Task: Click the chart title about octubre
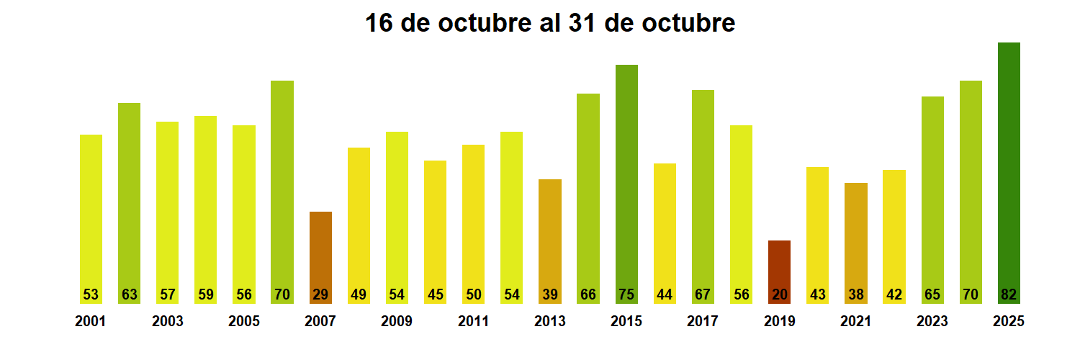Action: click(550, 23)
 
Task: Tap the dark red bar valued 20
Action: click(779, 266)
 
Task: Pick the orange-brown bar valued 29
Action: click(320, 252)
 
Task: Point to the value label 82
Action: click(1009, 294)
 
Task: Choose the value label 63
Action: click(130, 294)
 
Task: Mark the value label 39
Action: click(550, 294)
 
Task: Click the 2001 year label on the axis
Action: click(91, 321)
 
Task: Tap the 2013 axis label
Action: click(550, 321)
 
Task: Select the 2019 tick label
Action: click(779, 321)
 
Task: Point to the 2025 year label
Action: click(1009, 321)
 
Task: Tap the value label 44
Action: click(665, 294)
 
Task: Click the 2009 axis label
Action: click(397, 321)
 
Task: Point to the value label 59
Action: click(206, 294)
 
